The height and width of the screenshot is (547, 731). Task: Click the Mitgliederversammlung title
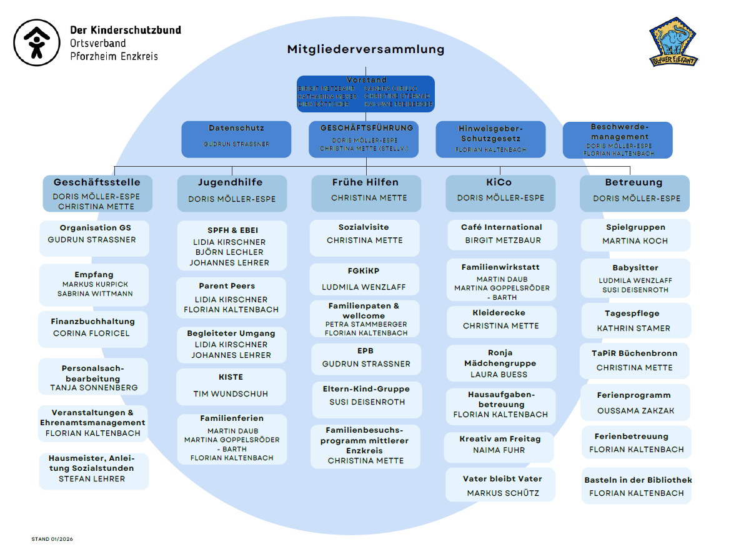pyautogui.click(x=365, y=49)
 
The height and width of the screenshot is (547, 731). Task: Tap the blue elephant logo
pyautogui.click(x=674, y=41)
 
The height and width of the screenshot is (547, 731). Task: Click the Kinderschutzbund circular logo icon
pyautogui.click(x=37, y=42)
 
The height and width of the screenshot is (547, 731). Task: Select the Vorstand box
pyautogui.click(x=365, y=94)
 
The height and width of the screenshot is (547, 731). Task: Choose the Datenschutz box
pyautogui.click(x=236, y=139)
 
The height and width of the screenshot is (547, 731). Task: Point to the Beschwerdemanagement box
pyautogui.click(x=617, y=139)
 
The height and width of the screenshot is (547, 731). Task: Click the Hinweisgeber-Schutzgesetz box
pyautogui.click(x=490, y=139)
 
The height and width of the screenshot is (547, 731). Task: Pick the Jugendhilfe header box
pyautogui.click(x=231, y=193)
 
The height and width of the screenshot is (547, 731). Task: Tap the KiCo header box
pyautogui.click(x=500, y=193)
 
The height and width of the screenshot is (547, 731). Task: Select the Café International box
pyautogui.click(x=501, y=234)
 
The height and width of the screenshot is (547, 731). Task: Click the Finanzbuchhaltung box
pyautogui.click(x=93, y=328)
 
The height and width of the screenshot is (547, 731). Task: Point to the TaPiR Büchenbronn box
pyautogui.click(x=634, y=361)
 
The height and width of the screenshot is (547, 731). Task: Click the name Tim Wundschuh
pyautogui.click(x=231, y=394)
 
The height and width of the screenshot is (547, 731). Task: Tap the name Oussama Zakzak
pyautogui.click(x=635, y=411)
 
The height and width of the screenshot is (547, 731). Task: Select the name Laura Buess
pyautogui.click(x=499, y=375)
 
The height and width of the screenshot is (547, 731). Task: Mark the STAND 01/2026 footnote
pyautogui.click(x=52, y=538)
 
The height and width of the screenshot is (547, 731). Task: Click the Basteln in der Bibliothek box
pyautogui.click(x=637, y=486)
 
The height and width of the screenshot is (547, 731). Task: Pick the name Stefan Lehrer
pyautogui.click(x=92, y=479)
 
